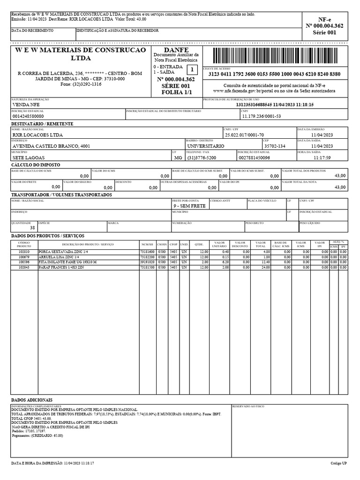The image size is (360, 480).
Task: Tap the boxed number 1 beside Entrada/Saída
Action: tap(191, 70)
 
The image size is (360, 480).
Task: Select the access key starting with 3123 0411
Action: tap(274, 75)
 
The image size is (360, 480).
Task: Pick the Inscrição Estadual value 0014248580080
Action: tap(28, 116)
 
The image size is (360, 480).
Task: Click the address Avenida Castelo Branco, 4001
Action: tap(51, 146)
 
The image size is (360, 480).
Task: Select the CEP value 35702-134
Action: tap(275, 146)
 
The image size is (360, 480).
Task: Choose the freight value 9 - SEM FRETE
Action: tap(189, 206)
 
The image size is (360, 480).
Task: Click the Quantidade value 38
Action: tap(32, 227)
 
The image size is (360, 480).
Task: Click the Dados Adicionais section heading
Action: tap(32, 400)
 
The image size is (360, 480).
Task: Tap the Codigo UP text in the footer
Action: tap(338, 463)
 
